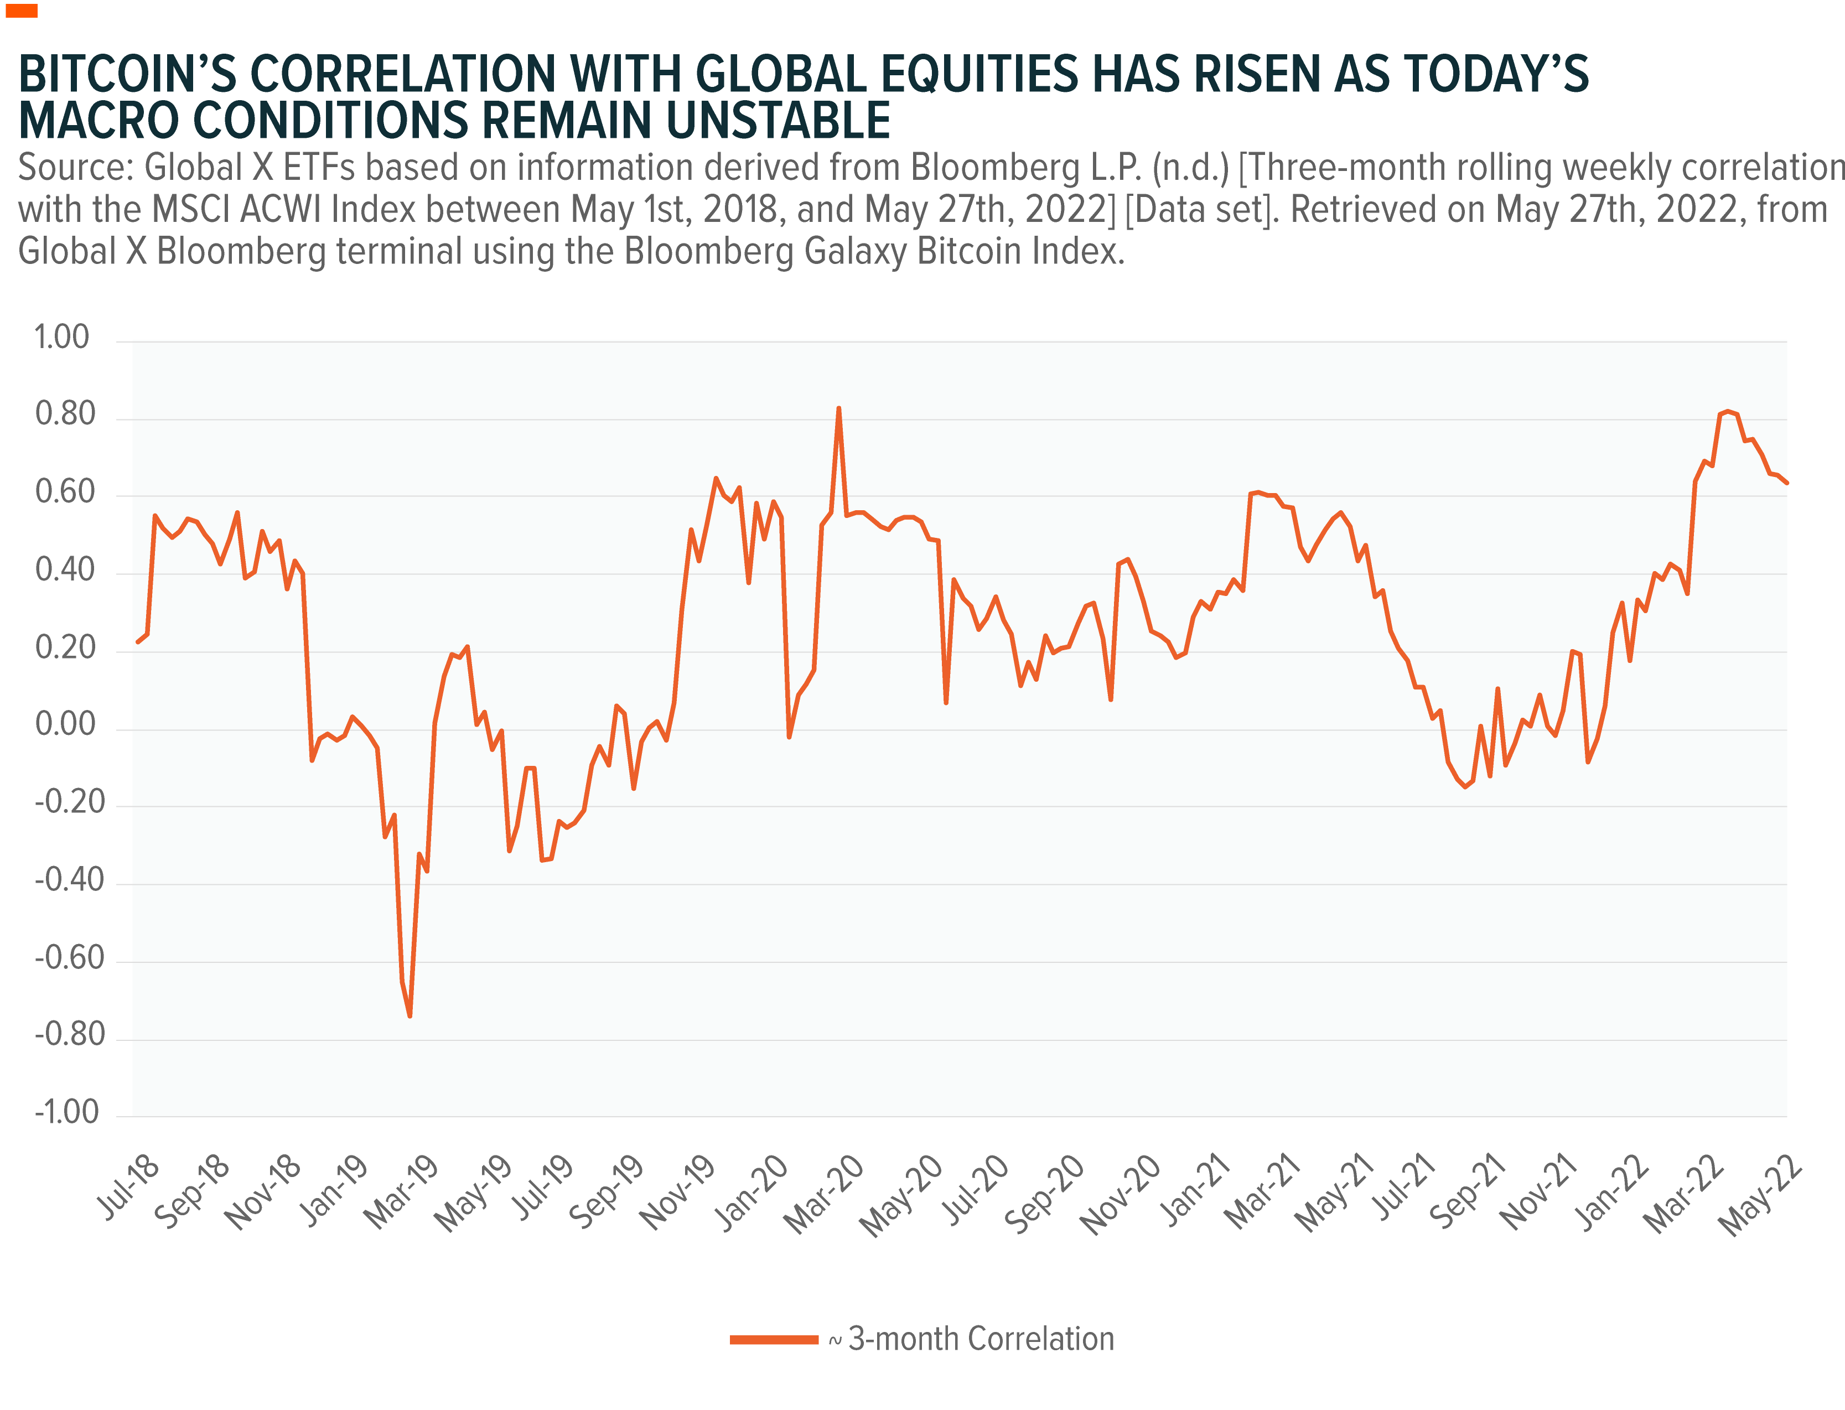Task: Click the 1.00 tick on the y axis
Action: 61,338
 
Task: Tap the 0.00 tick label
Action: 65,724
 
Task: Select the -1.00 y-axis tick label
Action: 66,1112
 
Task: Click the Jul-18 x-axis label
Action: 128,1187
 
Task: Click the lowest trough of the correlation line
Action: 410,1017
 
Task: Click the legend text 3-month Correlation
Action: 981,1340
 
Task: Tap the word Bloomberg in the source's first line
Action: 996,168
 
